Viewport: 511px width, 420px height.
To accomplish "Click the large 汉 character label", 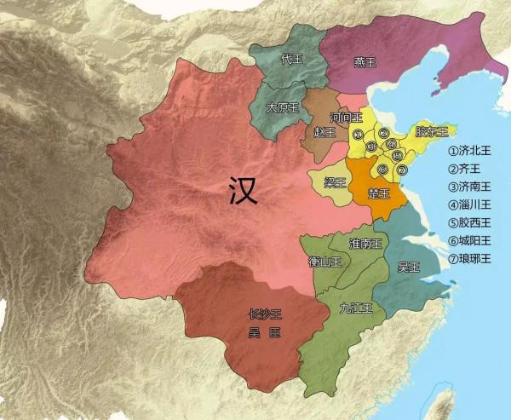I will point(243,193).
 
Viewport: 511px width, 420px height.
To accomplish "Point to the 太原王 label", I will point(281,108).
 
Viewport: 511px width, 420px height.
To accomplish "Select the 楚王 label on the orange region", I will point(377,194).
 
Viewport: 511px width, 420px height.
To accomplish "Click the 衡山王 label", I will point(324,262).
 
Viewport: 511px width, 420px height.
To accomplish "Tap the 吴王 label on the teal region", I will point(409,267).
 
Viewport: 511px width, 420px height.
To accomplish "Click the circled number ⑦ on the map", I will point(402,170).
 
